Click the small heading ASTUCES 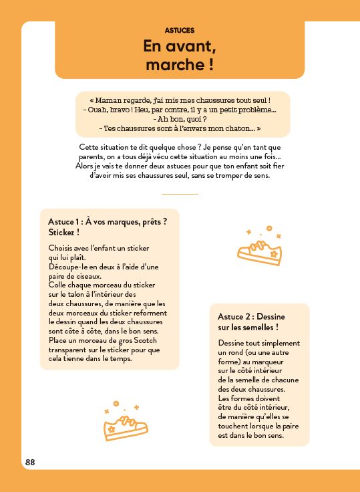pos(179,30)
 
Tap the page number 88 pos(31,462)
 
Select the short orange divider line pos(180,194)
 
